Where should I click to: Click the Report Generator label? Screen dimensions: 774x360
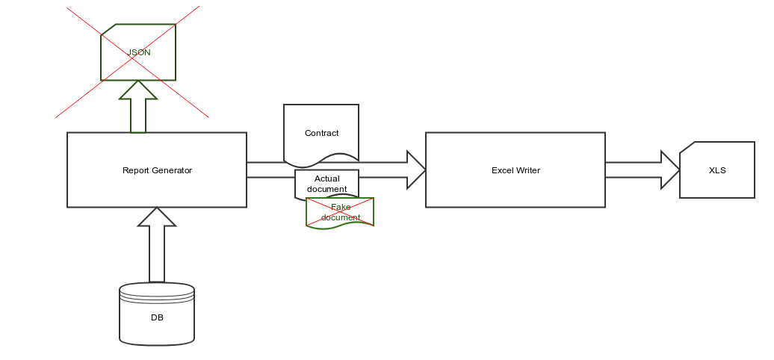pyautogui.click(x=157, y=170)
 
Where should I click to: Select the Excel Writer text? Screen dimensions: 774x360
pyautogui.click(x=516, y=170)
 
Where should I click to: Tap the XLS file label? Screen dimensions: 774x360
pyautogui.click(x=717, y=170)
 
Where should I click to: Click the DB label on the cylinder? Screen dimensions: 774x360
pyautogui.click(x=157, y=317)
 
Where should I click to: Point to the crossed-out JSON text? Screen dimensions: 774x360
pyautogui.click(x=139, y=52)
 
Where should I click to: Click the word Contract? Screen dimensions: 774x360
pyautogui.click(x=322, y=133)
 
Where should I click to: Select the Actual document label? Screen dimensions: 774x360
pyautogui.click(x=326, y=184)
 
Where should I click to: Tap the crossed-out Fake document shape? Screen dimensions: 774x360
pyautogui.click(x=340, y=213)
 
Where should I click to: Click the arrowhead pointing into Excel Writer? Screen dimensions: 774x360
pyautogui.click(x=416, y=170)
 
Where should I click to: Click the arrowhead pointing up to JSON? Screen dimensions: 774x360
pyautogui.click(x=138, y=90)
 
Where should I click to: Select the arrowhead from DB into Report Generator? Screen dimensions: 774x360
pyautogui.click(x=157, y=217)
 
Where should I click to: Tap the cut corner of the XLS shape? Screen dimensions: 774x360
pyautogui.click(x=687, y=147)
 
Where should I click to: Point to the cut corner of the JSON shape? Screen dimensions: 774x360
pyautogui.click(x=108, y=30)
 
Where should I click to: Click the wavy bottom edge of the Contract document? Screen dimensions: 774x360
pyautogui.click(x=321, y=161)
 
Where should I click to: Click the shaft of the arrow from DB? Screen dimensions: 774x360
pyautogui.click(x=157, y=254)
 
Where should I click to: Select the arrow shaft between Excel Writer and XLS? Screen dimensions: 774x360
pyautogui.click(x=634, y=170)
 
